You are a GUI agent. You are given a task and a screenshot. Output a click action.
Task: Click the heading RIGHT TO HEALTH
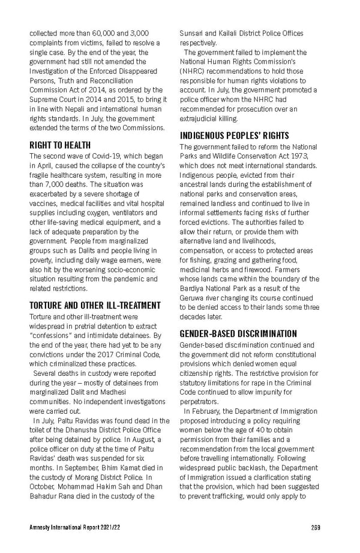60,145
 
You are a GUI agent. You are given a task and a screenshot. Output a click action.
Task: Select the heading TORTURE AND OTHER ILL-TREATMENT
95,305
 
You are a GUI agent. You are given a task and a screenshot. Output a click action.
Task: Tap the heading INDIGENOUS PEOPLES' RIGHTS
235,136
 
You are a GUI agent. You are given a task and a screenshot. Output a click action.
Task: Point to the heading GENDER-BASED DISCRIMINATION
238,333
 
